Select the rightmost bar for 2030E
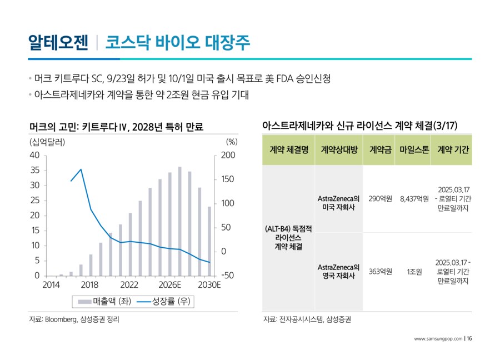pyautogui.click(x=209, y=241)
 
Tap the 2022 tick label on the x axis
pyautogui.click(x=129, y=285)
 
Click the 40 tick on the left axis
pyautogui.click(x=34, y=156)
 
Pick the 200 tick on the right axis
pyautogui.click(x=227, y=156)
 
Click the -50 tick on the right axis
pyautogui.click(x=227, y=276)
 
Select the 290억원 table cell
pyautogui.click(x=380, y=198)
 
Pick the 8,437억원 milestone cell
pyautogui.click(x=414, y=198)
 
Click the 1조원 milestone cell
pyautogui.click(x=414, y=272)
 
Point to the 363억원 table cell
pyautogui.click(x=380, y=272)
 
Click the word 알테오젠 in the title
pyautogui.click(x=58, y=42)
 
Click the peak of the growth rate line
pyautogui.click(x=81, y=169)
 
